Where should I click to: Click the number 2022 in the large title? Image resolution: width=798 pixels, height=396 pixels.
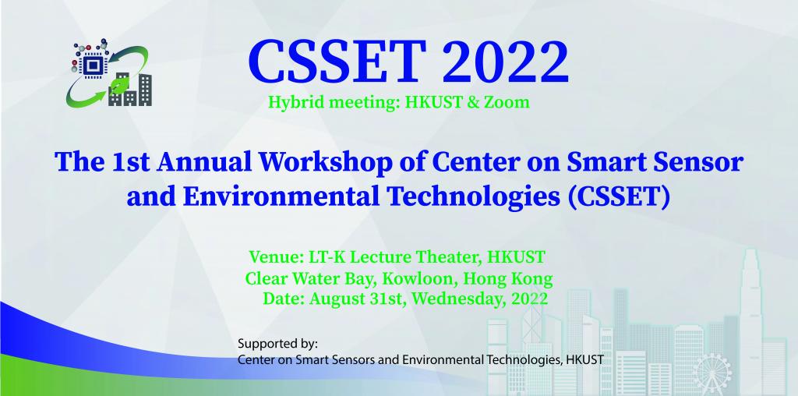pos(506,62)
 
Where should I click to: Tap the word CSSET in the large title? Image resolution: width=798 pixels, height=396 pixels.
pos(337,62)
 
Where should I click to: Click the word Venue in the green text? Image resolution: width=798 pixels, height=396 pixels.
pos(274,257)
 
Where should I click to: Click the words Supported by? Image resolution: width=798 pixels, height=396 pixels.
pos(277,343)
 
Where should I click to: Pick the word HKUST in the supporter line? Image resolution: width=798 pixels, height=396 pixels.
pos(586,360)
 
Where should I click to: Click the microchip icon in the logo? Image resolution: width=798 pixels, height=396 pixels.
pos(92,65)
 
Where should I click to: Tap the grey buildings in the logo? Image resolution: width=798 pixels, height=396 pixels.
pos(130,90)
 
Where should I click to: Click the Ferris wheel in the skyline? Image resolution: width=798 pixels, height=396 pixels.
pos(712,375)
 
